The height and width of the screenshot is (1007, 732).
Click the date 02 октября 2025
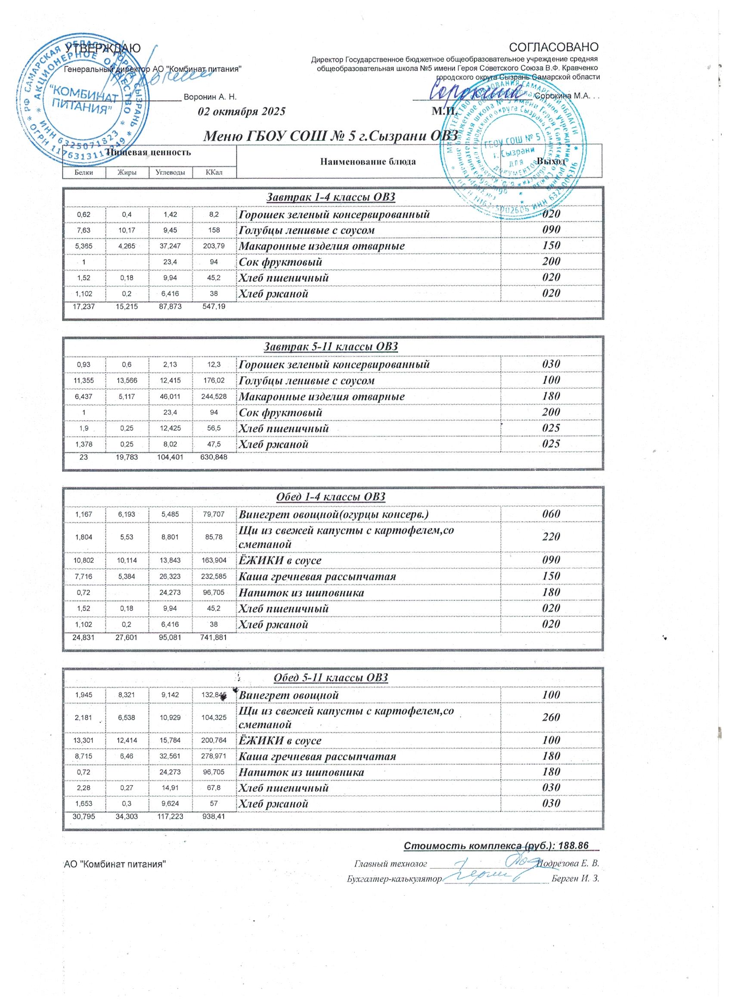pyautogui.click(x=242, y=112)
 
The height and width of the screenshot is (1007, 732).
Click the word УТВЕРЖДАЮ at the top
pyautogui.click(x=103, y=47)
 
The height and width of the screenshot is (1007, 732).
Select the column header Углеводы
pyautogui.click(x=171, y=172)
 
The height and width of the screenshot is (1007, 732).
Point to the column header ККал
pyautogui.click(x=214, y=172)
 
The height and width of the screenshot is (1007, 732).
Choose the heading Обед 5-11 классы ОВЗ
pyautogui.click(x=331, y=678)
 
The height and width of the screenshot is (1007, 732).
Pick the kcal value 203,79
pyautogui.click(x=214, y=246)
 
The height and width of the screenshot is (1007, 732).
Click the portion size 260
pyautogui.click(x=551, y=718)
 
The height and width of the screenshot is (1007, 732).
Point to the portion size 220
pyautogui.click(x=551, y=537)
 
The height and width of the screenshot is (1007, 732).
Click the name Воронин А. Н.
pyautogui.click(x=210, y=97)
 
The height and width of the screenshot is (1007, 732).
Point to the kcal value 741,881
pyautogui.click(x=214, y=637)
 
